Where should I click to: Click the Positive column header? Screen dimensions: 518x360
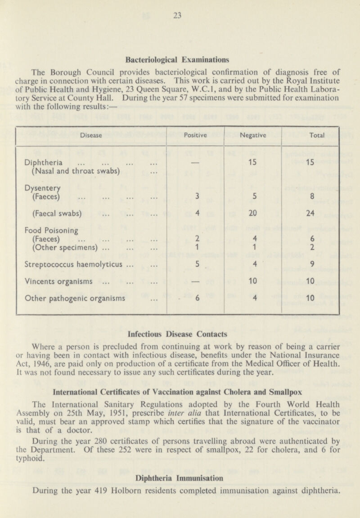pyautogui.click(x=196, y=134)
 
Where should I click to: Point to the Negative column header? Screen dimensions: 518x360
pyautogui.click(x=252, y=134)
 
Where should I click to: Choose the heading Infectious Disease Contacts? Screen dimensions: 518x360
pyautogui.click(x=180, y=335)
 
